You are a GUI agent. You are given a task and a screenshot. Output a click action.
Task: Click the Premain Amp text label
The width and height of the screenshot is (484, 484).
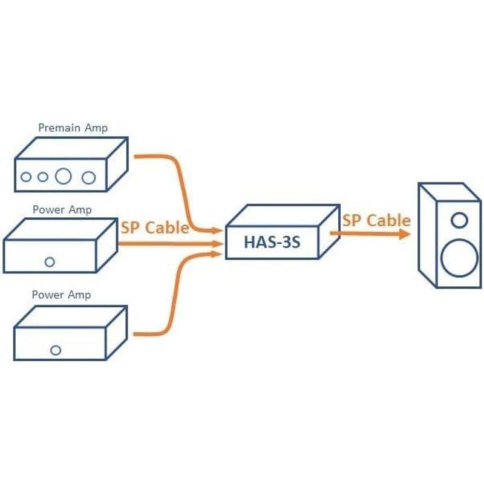point(73,128)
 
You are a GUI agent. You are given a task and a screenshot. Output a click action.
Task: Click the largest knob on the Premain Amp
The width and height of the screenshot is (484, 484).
point(64,177)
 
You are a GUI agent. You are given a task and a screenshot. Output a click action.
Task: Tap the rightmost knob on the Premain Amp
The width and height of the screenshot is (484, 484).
point(89,177)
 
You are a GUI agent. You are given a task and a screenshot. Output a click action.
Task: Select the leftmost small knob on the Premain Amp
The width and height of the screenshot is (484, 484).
point(26,177)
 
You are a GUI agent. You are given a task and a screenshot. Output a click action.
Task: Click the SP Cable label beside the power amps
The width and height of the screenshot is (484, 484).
point(155,227)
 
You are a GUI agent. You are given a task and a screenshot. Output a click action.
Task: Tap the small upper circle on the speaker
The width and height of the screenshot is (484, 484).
point(459,219)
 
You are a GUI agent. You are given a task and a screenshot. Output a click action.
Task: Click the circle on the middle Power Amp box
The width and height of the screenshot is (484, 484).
point(50,262)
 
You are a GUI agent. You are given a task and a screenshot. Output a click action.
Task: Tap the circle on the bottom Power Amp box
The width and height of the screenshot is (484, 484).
point(56,350)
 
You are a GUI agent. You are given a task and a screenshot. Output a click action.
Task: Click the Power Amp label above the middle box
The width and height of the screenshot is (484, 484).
point(62,210)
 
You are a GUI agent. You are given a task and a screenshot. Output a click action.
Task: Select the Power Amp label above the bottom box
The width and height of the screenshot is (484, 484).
point(62,295)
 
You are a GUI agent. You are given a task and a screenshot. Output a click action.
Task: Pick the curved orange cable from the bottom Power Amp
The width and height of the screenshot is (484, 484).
point(179,296)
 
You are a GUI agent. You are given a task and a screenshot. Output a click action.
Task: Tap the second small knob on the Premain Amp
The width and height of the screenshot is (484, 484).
point(42,177)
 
